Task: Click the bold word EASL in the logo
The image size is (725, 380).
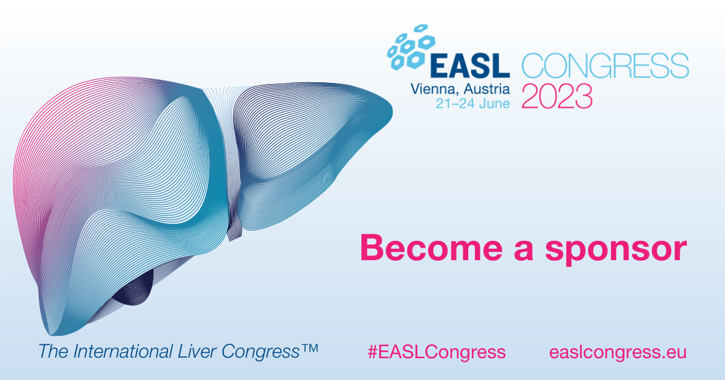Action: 470,66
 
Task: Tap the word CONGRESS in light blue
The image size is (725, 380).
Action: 605,65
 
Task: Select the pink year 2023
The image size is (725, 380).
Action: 557,96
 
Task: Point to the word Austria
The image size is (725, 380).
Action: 487,89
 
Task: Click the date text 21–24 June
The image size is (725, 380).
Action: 473,103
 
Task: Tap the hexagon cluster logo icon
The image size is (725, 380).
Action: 411,47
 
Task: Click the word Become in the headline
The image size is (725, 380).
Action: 431,247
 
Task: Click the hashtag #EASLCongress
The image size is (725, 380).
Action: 437,352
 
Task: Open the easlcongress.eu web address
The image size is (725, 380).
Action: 618,352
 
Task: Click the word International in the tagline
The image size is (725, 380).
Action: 123,351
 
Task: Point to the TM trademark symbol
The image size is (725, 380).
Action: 310,348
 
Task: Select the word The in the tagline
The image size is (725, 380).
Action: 53,351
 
